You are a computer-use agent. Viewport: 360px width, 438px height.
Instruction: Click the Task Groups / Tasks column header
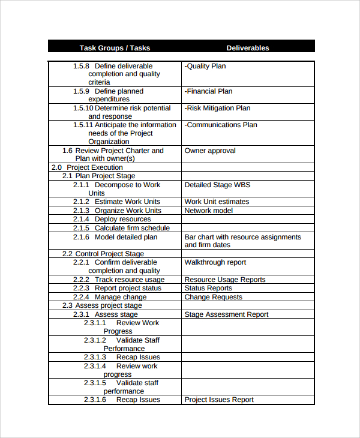pyautogui.click(x=115, y=48)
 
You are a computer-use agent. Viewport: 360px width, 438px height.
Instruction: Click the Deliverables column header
pyautogui.click(x=247, y=48)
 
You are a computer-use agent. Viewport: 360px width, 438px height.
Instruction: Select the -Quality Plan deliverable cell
pyautogui.click(x=205, y=66)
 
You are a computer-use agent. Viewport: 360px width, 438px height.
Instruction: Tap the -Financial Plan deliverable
pyautogui.click(x=208, y=91)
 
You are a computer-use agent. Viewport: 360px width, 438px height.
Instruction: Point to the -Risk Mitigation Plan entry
pyautogui.click(x=217, y=108)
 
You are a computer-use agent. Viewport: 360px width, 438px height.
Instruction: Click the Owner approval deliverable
pyautogui.click(x=210, y=151)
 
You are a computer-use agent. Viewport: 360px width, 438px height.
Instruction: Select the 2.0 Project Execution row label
pyautogui.click(x=87, y=167)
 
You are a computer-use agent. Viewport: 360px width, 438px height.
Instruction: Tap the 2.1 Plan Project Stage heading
pyautogui.click(x=99, y=176)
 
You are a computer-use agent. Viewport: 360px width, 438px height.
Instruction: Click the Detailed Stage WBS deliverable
pyautogui.click(x=217, y=185)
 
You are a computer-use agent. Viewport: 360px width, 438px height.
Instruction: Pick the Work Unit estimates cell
pyautogui.click(x=217, y=202)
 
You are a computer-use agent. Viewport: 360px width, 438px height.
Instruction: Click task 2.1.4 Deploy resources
pyautogui.click(x=112, y=219)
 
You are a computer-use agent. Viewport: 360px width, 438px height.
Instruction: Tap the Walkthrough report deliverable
pyautogui.click(x=215, y=262)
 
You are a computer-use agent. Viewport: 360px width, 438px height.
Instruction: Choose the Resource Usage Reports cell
pyautogui.click(x=225, y=280)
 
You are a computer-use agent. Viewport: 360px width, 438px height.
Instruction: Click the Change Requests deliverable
pyautogui.click(x=214, y=297)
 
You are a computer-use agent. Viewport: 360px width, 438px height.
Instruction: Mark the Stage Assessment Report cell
pyautogui.click(x=226, y=314)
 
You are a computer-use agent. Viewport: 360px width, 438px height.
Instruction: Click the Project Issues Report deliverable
pyautogui.click(x=219, y=400)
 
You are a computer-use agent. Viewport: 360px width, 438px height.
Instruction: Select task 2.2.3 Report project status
pyautogui.click(x=117, y=288)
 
